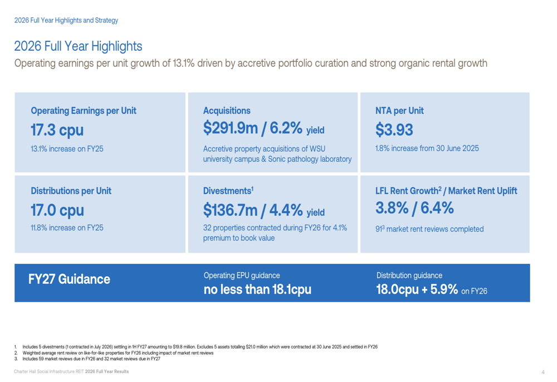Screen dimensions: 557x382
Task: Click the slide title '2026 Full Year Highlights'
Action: click(x=78, y=46)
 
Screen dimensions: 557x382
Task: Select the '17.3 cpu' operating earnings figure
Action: click(x=57, y=130)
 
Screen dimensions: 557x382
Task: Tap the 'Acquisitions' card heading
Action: click(x=227, y=110)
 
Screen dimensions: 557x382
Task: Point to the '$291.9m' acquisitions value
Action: click(x=231, y=128)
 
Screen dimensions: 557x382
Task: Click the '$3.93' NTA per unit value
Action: click(x=394, y=129)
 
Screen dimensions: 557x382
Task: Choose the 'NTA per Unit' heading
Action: click(x=399, y=110)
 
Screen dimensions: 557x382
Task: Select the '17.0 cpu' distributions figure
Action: click(x=57, y=210)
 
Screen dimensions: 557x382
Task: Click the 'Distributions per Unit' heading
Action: click(x=71, y=191)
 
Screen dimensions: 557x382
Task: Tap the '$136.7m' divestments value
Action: click(x=230, y=210)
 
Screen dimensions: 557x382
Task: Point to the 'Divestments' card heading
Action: click(x=228, y=191)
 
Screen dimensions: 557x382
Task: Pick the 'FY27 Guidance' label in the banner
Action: click(x=69, y=279)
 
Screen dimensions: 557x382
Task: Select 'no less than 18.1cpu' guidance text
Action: click(x=257, y=289)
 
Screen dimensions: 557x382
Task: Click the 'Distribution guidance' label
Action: click(x=409, y=275)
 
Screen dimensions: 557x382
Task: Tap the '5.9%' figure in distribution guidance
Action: click(x=444, y=289)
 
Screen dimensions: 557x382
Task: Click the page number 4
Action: click(x=543, y=372)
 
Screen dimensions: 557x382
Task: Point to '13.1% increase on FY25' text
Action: click(x=67, y=149)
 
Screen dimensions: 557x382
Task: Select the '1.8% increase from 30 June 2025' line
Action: click(x=427, y=148)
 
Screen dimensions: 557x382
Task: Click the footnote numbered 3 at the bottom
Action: click(x=87, y=359)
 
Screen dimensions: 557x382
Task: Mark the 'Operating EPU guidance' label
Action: click(x=242, y=275)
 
